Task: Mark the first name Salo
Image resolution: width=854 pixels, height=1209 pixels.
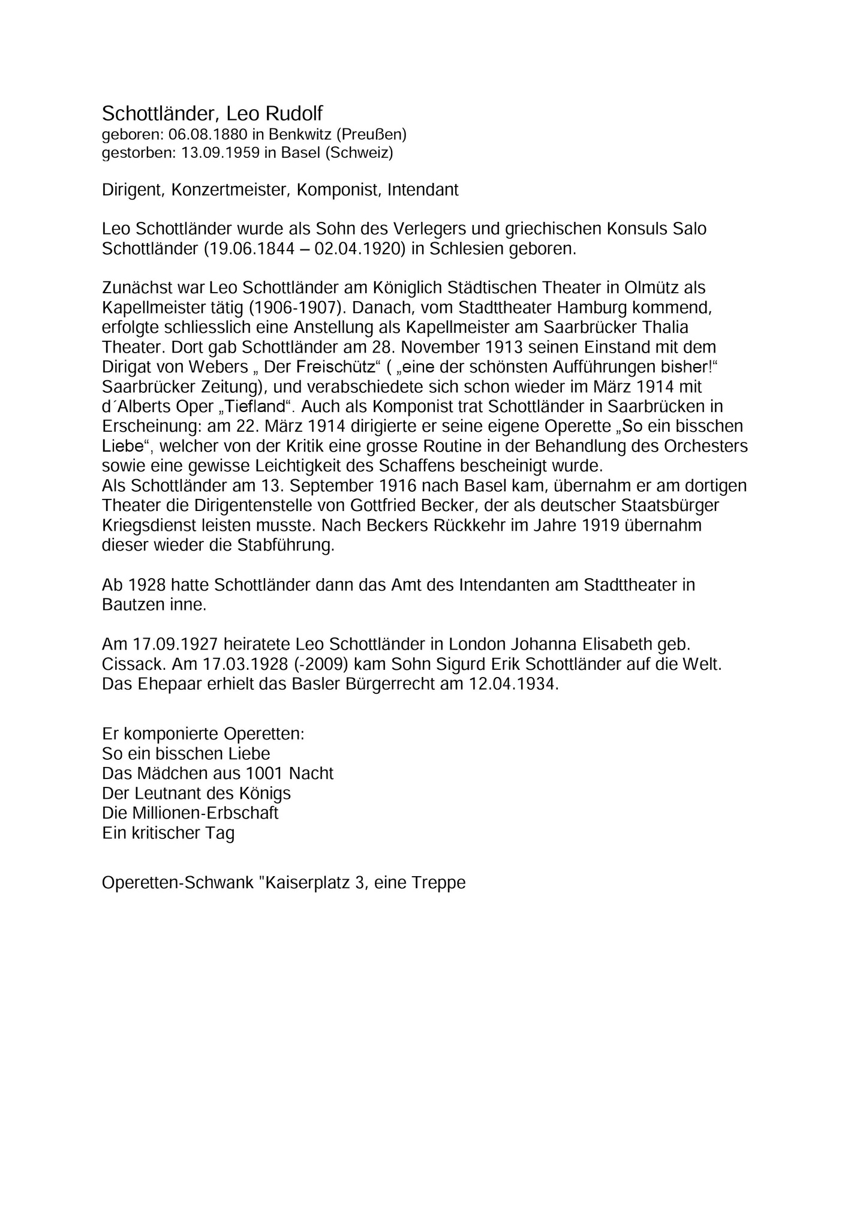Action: (689, 229)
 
